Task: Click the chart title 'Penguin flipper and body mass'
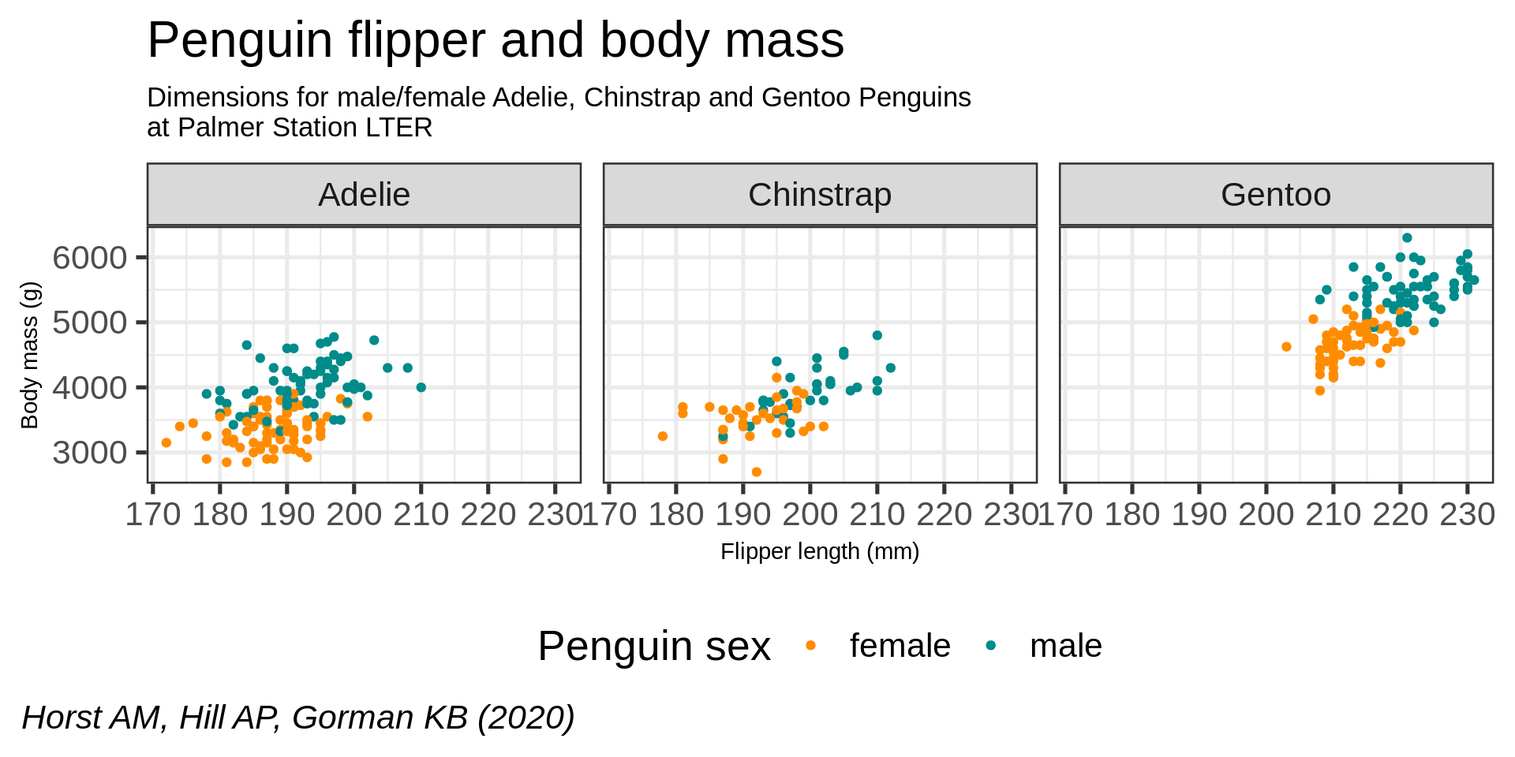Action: (x=496, y=40)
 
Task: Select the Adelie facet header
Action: (x=364, y=195)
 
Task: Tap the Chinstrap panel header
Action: (x=820, y=195)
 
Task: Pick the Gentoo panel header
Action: (x=1276, y=195)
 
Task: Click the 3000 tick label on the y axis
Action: (x=89, y=453)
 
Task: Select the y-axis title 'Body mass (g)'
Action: (x=30, y=356)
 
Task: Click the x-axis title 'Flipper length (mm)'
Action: (x=820, y=551)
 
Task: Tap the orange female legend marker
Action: (x=810, y=646)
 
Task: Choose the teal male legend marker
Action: (x=991, y=646)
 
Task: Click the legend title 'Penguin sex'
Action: (x=653, y=647)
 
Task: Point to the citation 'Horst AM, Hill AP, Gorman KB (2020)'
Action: (x=298, y=718)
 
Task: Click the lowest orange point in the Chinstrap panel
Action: (x=757, y=472)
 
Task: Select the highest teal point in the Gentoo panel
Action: (x=1407, y=238)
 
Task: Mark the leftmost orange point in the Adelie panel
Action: (x=166, y=442)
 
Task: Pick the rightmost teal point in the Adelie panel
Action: (x=421, y=387)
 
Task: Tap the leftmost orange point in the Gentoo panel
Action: (x=1286, y=347)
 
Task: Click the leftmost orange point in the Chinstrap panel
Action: (x=663, y=436)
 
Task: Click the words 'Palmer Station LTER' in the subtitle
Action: (x=305, y=128)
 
